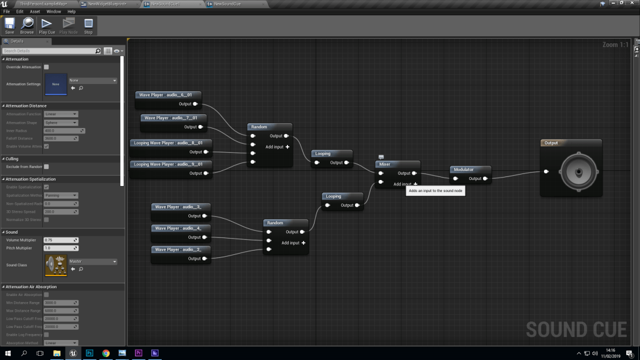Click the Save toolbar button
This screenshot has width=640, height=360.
click(10, 25)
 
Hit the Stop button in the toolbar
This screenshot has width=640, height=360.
click(88, 25)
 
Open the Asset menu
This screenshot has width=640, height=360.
click(35, 11)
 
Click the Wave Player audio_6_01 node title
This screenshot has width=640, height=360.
click(165, 95)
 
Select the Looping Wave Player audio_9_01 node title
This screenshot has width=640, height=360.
click(168, 164)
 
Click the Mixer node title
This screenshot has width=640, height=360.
click(385, 164)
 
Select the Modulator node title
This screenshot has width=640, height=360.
click(464, 170)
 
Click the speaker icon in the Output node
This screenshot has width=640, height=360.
click(578, 172)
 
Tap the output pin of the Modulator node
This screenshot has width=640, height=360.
click(485, 179)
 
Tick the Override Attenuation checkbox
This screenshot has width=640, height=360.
click(46, 67)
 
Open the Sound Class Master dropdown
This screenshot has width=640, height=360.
click(92, 262)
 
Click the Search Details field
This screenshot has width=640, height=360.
click(52, 51)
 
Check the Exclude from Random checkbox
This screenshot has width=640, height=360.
click(46, 167)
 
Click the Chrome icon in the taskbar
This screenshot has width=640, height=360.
click(106, 353)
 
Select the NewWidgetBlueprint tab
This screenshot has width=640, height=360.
click(107, 4)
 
